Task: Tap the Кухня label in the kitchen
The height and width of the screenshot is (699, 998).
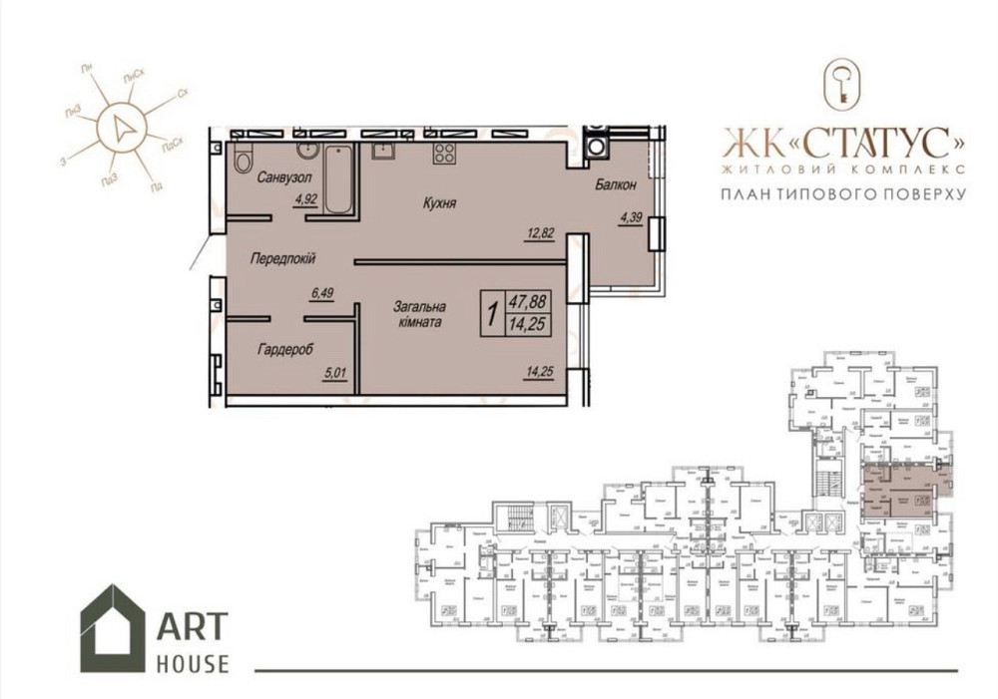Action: [439, 202]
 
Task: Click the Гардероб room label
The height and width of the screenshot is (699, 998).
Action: [285, 350]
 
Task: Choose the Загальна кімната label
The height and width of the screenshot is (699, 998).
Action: [417, 315]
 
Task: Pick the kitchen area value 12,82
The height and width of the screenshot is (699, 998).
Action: [540, 234]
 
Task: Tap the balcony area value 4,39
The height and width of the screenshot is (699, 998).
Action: [631, 216]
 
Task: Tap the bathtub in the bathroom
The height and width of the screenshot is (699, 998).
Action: [338, 179]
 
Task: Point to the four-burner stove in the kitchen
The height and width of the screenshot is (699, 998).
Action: [443, 154]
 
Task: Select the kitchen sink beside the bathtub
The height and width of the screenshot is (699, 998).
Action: [382, 152]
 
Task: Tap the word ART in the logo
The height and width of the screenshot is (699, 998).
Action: [192, 627]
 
